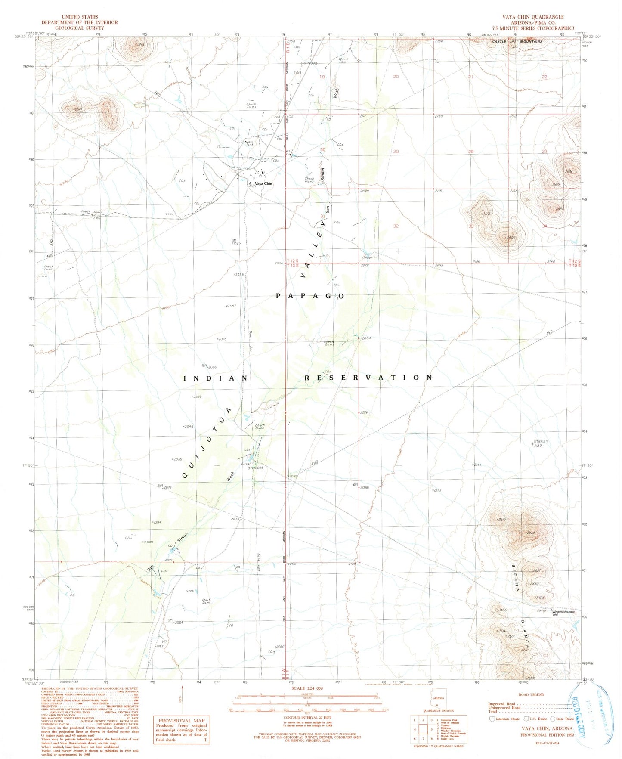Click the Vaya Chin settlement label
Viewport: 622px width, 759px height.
[263, 183]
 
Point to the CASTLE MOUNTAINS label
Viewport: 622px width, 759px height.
[517, 41]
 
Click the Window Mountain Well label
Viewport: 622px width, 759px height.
[564, 613]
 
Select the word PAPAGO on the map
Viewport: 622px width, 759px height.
[310, 296]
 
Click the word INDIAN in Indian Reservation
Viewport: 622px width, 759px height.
[216, 378]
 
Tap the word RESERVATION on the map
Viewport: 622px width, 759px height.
[368, 378]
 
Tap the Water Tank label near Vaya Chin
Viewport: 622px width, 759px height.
[250, 143]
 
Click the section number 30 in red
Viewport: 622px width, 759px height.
[322, 150]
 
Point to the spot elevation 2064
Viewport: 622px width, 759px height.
[366, 338]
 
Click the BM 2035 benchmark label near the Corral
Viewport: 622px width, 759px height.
[255, 468]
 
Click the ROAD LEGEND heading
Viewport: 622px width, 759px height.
[531, 695]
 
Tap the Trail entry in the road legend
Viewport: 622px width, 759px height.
[493, 711]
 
